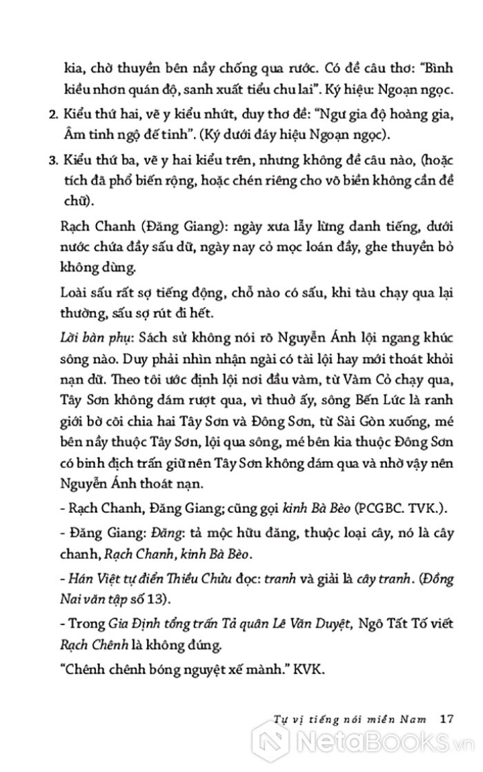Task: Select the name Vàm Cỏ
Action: [359, 357]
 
